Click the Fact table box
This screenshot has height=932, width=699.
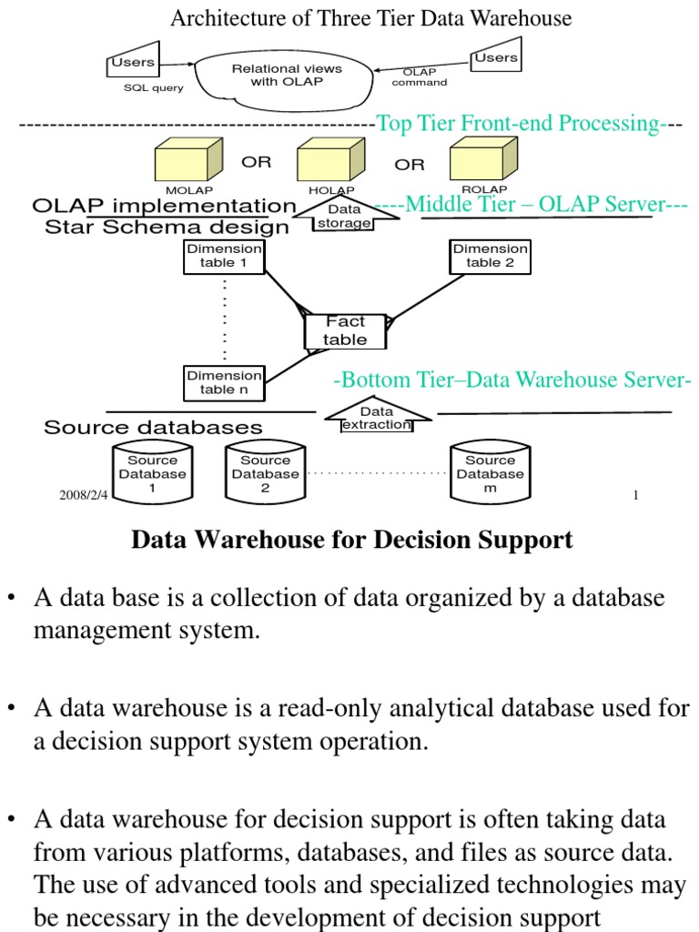point(346,331)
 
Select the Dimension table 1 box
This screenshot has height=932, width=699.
point(224,257)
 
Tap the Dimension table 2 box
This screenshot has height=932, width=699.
point(490,256)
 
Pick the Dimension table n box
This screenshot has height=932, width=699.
point(224,383)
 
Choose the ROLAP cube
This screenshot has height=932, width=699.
point(483,160)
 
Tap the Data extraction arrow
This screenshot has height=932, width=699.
point(376,418)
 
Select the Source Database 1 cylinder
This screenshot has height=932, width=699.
point(152,472)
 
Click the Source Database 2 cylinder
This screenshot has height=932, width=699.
point(265,472)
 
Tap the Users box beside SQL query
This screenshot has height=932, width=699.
point(133,65)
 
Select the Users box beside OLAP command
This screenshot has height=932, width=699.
point(496,59)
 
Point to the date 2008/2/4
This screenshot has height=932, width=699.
point(83,495)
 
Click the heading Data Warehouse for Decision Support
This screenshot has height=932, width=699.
point(352,540)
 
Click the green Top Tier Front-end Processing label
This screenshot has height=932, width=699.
point(518,123)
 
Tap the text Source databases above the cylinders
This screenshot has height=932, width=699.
point(153,427)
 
